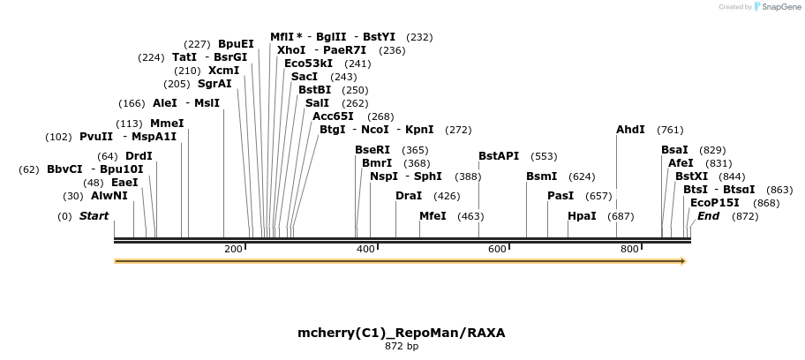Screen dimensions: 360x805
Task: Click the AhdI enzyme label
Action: pyautogui.click(x=630, y=130)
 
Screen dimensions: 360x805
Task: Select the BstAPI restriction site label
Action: pyautogui.click(x=499, y=156)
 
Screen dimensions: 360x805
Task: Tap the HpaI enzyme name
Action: pyautogui.click(x=582, y=216)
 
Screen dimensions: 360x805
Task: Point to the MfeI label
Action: pyautogui.click(x=433, y=216)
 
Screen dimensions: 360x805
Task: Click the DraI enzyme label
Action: pyautogui.click(x=409, y=196)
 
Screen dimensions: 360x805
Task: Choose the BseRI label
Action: pyautogui.click(x=372, y=150)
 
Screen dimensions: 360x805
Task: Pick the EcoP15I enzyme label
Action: pyautogui.click(x=715, y=203)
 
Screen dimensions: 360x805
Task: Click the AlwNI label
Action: pyautogui.click(x=109, y=196)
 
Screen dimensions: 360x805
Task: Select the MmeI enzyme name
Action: pyautogui.click(x=167, y=124)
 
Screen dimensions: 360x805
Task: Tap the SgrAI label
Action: pyautogui.click(x=214, y=84)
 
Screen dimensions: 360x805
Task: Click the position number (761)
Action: pyautogui.click(x=670, y=130)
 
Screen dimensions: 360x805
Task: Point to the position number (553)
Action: pyautogui.click(x=544, y=156)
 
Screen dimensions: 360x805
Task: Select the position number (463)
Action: pyautogui.click(x=470, y=216)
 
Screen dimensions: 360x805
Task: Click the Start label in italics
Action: pyautogui.click(x=94, y=216)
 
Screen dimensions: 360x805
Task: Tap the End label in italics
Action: pyautogui.click(x=709, y=216)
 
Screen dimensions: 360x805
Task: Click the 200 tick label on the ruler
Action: pyautogui.click(x=233, y=250)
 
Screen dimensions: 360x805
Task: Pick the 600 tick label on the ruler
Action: pyautogui.click(x=497, y=250)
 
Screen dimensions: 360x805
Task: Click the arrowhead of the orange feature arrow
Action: pyautogui.click(x=681, y=261)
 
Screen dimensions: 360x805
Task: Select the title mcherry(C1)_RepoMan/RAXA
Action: pyautogui.click(x=402, y=333)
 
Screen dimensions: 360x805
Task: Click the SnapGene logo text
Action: pyautogui.click(x=778, y=7)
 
